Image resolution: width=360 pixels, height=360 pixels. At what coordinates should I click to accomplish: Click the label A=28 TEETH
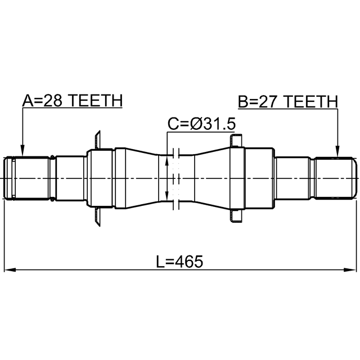click(73, 101)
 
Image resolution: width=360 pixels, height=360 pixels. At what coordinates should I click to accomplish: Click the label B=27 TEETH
click(288, 101)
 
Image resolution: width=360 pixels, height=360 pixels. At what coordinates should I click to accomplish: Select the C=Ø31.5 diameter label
click(201, 124)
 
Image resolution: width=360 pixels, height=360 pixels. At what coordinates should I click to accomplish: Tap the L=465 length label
click(179, 262)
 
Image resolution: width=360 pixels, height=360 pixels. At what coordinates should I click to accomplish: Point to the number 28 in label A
click(52, 101)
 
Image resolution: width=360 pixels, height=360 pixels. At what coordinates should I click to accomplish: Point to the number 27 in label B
click(268, 101)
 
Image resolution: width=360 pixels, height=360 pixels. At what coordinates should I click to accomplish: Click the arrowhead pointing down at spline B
click(337, 151)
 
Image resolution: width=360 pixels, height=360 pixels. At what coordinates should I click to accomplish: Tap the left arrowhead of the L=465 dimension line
click(10, 269)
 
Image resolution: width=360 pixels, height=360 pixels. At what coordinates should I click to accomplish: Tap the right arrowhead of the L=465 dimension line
click(350, 269)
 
